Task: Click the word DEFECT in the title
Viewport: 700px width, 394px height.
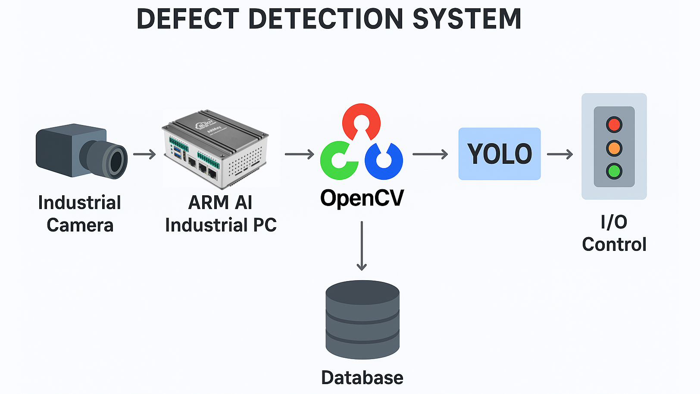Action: tap(187, 19)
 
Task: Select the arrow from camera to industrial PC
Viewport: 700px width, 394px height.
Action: tap(144, 154)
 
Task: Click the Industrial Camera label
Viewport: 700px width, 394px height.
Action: tap(80, 214)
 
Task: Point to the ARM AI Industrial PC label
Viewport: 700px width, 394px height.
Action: tap(221, 214)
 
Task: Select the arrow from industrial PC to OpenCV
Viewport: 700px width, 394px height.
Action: tap(300, 154)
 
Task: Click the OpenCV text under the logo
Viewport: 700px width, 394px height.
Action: tap(362, 198)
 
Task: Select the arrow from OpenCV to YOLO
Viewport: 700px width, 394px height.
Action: tap(430, 154)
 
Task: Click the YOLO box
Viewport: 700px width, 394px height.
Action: tap(499, 154)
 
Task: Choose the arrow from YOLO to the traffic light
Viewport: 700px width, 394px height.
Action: tap(560, 154)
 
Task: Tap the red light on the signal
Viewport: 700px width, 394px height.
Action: tap(614, 125)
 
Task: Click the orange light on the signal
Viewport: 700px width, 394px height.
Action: tap(614, 148)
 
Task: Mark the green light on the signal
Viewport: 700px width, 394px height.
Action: tap(614, 171)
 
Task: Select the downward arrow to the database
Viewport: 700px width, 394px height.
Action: tap(362, 246)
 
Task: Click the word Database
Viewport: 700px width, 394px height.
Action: tap(362, 378)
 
